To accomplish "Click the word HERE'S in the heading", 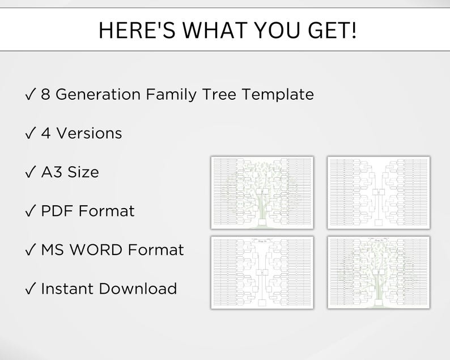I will click(x=134, y=30).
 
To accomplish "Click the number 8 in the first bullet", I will click(x=45, y=94).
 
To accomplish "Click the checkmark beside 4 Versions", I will click(x=31, y=133).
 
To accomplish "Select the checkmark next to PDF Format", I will click(x=31, y=211).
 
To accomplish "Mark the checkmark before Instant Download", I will click(x=31, y=288).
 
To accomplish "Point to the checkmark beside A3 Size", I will click(x=31, y=172).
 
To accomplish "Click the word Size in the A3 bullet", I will click(x=83, y=172).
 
